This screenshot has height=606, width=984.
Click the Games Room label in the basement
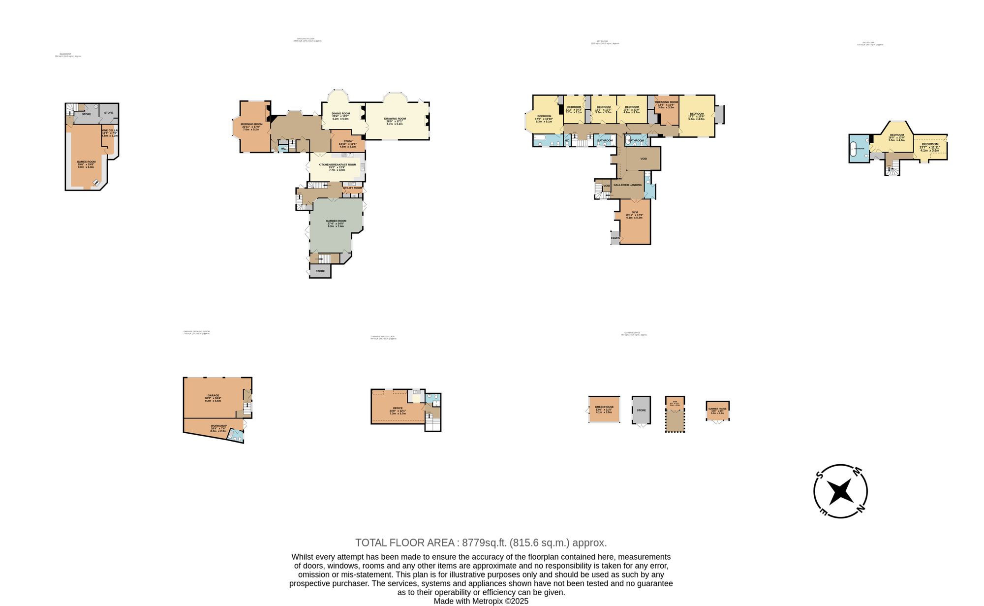pos(86,162)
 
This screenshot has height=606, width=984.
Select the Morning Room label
pos(251,125)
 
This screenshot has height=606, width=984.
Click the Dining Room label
pos(340,114)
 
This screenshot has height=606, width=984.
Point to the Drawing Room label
pos(395,119)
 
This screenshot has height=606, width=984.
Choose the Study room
pos(348,142)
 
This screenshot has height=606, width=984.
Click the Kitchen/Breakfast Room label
pos(337,165)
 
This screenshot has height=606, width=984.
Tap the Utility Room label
pos(352,188)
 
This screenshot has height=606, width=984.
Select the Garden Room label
pos(337,221)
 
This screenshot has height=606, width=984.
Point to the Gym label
pos(635,213)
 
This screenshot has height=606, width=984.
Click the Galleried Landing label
pos(627,185)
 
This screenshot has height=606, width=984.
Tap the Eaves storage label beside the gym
pos(615,238)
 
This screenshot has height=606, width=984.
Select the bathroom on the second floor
pos(859,149)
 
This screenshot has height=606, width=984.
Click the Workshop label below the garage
pos(218,426)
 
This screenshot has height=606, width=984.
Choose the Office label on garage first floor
pos(398,409)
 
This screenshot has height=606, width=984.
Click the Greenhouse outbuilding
pos(604,408)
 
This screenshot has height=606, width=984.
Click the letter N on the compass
pos(861,509)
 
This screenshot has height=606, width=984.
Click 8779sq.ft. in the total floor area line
pos(484,543)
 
